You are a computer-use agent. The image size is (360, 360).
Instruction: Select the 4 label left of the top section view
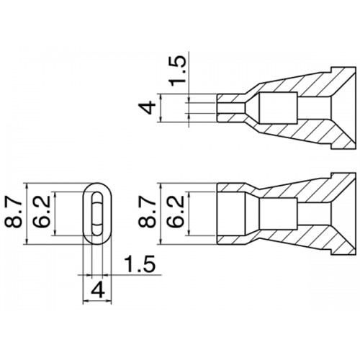click(x=148, y=107)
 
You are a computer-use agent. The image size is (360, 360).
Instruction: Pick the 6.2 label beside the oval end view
click(x=42, y=212)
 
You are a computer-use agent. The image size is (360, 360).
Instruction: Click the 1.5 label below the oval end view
click(x=140, y=264)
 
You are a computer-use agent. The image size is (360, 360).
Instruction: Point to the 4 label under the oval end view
click(x=99, y=289)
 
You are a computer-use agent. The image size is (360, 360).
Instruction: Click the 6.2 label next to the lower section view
click(x=176, y=212)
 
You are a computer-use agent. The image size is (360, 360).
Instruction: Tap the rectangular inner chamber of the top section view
click(x=279, y=108)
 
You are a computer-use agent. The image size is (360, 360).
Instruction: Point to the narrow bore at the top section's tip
click(x=231, y=108)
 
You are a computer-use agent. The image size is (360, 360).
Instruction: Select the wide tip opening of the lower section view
click(x=231, y=214)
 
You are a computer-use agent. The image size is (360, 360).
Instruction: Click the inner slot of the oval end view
click(x=97, y=214)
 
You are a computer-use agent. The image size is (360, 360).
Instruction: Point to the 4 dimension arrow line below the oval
click(x=97, y=300)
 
